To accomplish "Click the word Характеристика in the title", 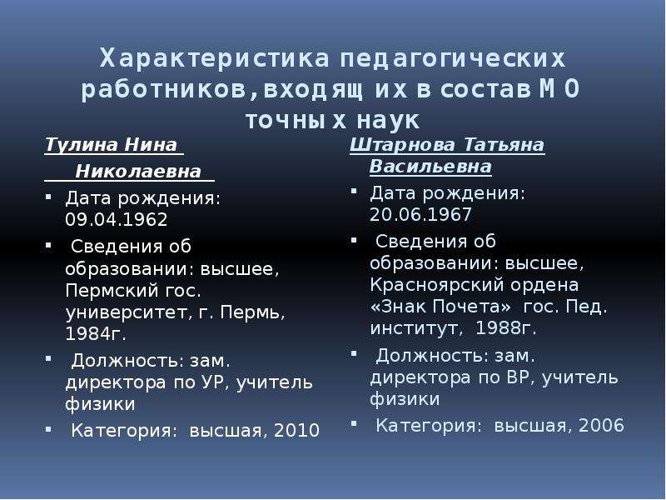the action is pos(215,58).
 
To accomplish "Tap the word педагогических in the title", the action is pos(453,59).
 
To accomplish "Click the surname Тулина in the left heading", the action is pos(81,144).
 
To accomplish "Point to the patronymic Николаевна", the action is pos(138,172).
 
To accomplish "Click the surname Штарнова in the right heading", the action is pos(402,145).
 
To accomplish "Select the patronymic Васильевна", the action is pos(430,166).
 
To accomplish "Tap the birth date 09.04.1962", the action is pos(117,220).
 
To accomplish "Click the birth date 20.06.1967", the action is pos(420,215).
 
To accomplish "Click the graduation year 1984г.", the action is pos(96,334).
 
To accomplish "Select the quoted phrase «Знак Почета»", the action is pos(440,307).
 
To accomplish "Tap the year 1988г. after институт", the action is pos(505,328).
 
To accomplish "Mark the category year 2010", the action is pos(296,430).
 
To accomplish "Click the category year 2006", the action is pos(601,425).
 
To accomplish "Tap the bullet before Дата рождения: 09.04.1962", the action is pos(48,197).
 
